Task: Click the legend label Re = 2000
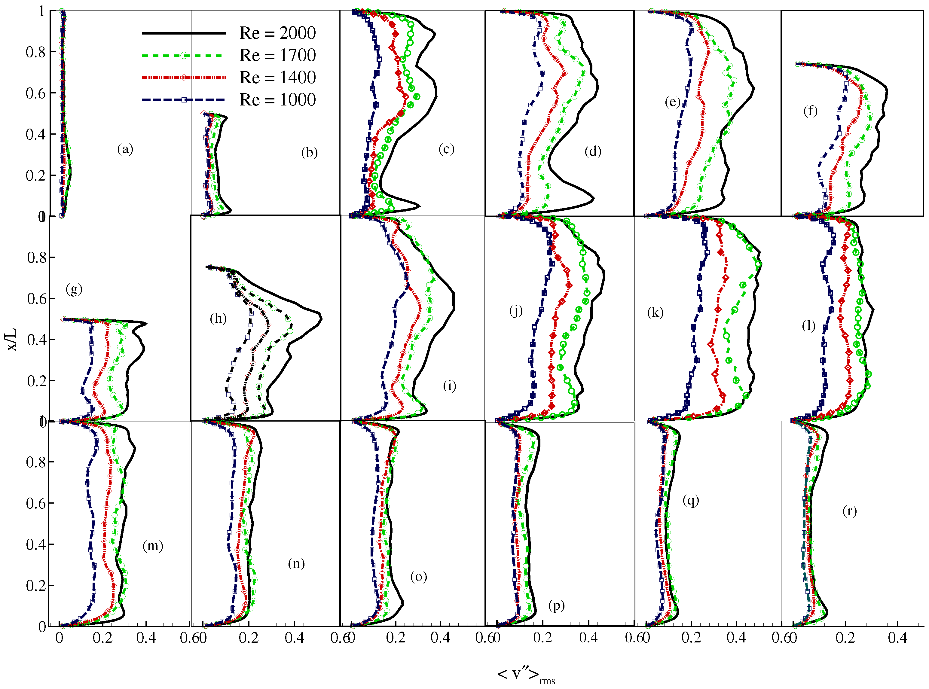[277, 33]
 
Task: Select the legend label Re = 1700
[277, 55]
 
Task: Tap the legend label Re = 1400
[277, 77]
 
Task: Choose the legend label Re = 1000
[277, 100]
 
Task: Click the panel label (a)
[125, 149]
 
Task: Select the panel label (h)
[218, 319]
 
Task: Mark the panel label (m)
[153, 546]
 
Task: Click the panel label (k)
[655, 312]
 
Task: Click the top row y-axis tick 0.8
[35, 52]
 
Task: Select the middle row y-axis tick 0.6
[37, 299]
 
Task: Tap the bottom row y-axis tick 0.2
[36, 586]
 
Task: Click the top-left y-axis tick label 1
[41, 11]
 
